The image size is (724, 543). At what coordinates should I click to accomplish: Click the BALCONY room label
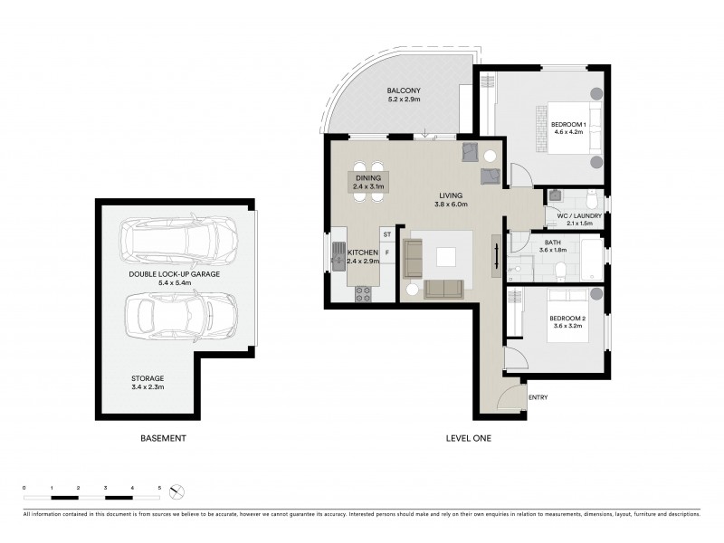pyautogui.click(x=402, y=91)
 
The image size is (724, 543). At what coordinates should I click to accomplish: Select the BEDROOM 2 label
pyautogui.click(x=569, y=319)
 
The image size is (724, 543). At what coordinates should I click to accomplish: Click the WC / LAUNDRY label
pyautogui.click(x=572, y=215)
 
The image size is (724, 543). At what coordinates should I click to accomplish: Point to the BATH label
pyautogui.click(x=551, y=243)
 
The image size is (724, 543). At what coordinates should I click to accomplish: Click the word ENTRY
pyautogui.click(x=538, y=397)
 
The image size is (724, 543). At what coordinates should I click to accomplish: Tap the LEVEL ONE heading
pyautogui.click(x=469, y=439)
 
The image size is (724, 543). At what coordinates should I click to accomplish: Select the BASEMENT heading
pyautogui.click(x=163, y=439)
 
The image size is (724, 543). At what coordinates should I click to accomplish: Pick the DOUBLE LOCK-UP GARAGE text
pyautogui.click(x=176, y=273)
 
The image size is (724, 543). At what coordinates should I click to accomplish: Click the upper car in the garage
pyautogui.click(x=181, y=240)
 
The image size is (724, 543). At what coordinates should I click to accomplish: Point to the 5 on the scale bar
pyautogui.click(x=160, y=489)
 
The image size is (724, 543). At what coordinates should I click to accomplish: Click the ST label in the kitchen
pyautogui.click(x=386, y=234)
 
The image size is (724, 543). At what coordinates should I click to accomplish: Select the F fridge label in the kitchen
pyautogui.click(x=386, y=253)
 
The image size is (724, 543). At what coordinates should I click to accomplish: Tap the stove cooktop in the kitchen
pyautogui.click(x=363, y=292)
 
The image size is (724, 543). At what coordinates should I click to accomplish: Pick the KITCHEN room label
pyautogui.click(x=361, y=253)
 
